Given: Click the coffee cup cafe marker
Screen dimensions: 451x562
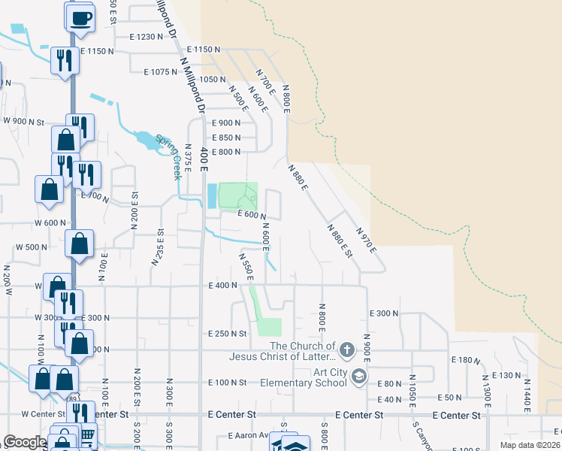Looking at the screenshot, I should (81, 19).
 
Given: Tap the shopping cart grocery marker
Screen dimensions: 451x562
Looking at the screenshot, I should (87, 434).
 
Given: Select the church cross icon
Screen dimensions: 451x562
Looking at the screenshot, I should (346, 349).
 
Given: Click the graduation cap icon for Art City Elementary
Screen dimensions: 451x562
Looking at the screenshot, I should (359, 376).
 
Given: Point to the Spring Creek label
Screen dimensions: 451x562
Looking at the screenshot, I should (168, 156).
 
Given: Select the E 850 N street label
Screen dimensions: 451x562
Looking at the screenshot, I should (225, 138).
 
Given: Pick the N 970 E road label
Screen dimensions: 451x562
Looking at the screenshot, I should (365, 240).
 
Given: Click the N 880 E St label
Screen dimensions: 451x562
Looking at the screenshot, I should (339, 240).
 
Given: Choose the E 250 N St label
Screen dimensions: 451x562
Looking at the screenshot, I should (228, 333).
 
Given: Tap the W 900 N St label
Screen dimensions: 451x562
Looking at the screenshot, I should (25, 120).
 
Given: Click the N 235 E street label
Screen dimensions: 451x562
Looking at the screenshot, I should (157, 247).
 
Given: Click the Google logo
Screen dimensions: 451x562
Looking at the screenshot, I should (25, 442).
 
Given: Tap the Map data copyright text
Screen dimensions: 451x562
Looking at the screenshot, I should (530, 445).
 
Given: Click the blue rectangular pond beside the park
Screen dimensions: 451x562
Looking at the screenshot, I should (211, 196).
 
